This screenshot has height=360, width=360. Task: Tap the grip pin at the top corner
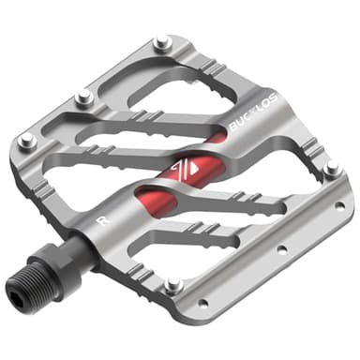tap(162, 43)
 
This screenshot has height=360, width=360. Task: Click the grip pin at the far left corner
tap(26, 141)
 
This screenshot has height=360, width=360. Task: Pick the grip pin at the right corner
tap(330, 170)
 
